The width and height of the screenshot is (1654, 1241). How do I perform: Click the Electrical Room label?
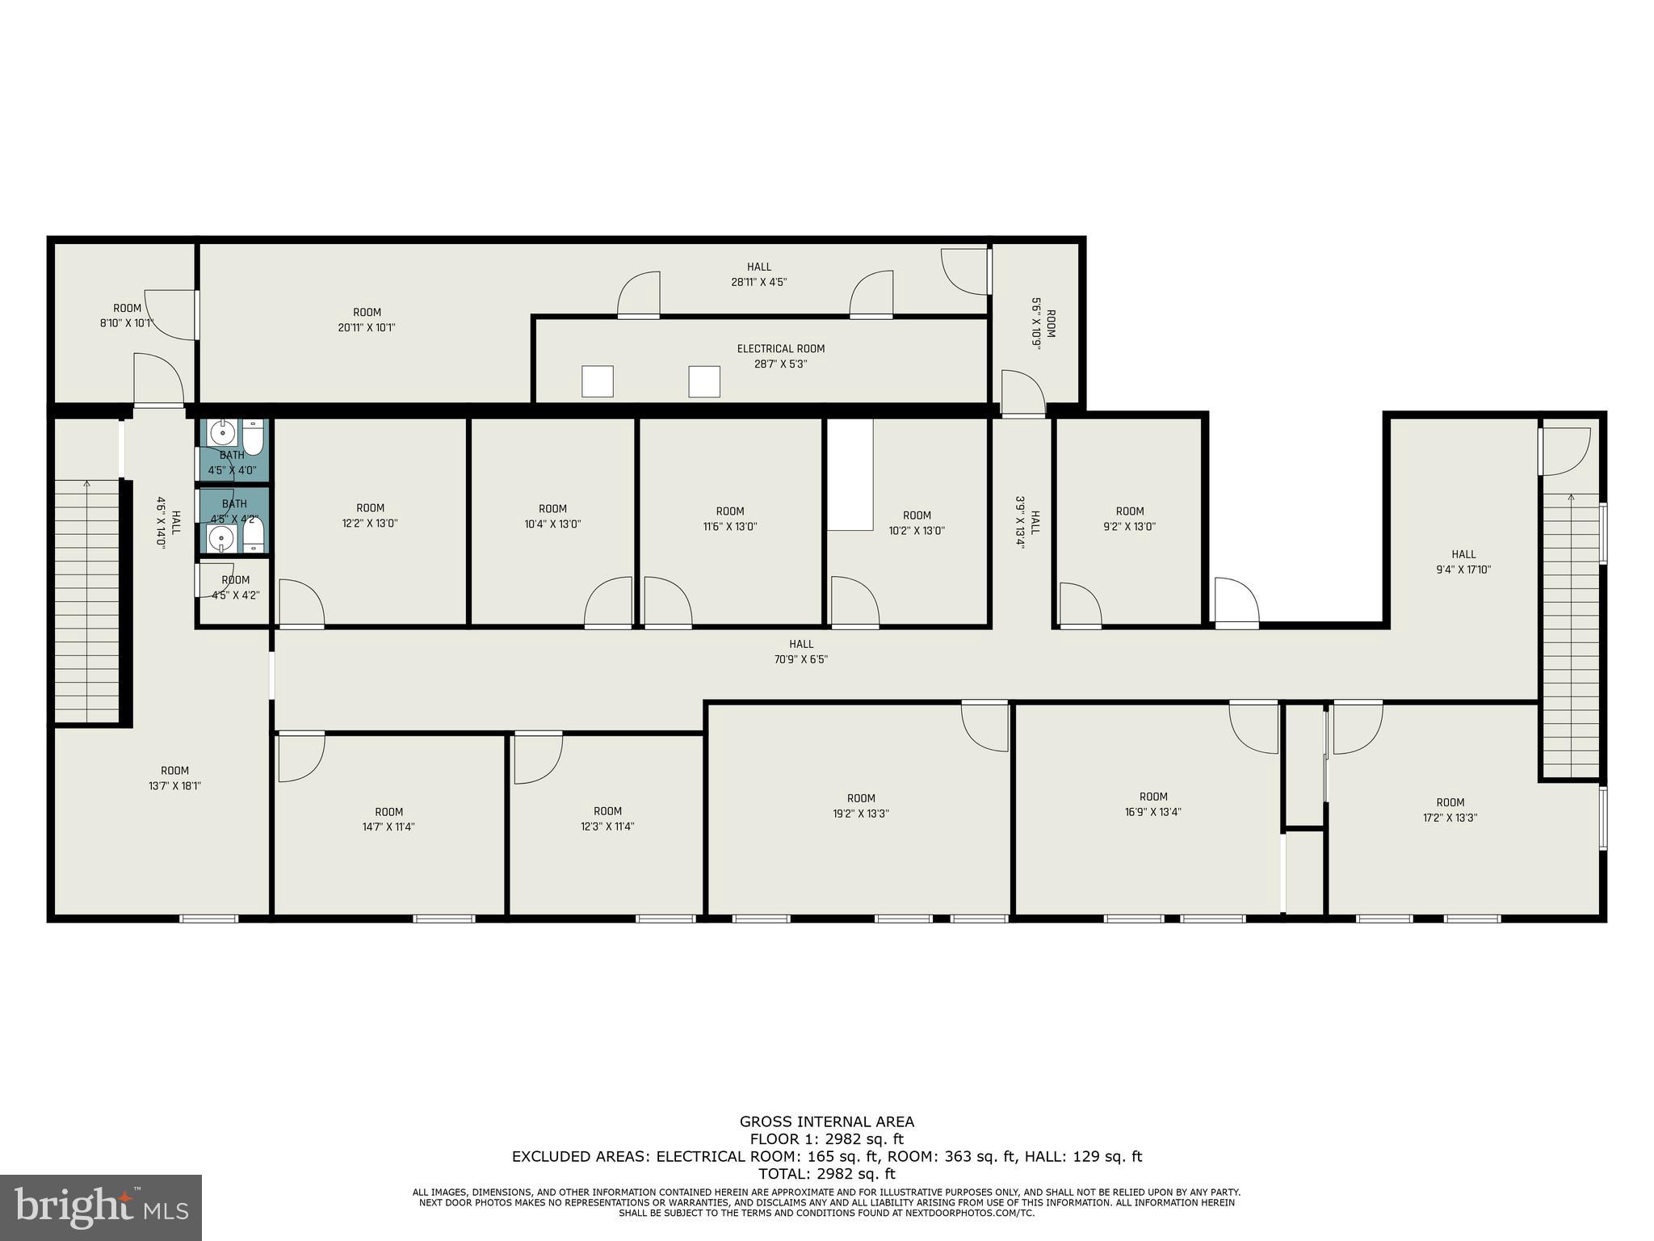(x=780, y=349)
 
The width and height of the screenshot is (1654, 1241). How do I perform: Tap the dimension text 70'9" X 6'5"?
(x=801, y=659)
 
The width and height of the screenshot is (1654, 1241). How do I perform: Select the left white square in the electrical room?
(x=598, y=381)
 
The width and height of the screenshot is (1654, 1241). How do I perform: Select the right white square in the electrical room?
(x=703, y=381)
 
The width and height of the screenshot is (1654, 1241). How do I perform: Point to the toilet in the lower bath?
(x=254, y=533)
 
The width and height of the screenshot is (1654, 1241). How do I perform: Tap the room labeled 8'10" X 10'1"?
(x=127, y=316)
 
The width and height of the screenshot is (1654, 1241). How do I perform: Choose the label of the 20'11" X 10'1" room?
(x=367, y=320)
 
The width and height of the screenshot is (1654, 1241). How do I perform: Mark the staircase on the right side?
(x=1571, y=634)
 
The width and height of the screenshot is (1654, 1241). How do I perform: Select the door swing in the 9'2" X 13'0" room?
(x=1080, y=604)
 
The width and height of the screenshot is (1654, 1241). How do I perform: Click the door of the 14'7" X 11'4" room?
(x=300, y=756)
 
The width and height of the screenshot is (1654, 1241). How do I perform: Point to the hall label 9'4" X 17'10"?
(x=1463, y=562)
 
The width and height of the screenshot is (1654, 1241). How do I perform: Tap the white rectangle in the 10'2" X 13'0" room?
(x=850, y=474)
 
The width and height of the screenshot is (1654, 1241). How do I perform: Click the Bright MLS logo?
(x=101, y=1207)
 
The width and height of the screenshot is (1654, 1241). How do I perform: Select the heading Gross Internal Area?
(x=827, y=1121)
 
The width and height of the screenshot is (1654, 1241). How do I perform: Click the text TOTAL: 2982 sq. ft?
(x=827, y=1174)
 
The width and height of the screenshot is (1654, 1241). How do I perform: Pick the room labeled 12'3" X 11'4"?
(x=607, y=818)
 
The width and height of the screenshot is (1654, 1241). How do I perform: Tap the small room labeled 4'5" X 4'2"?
(x=235, y=587)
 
